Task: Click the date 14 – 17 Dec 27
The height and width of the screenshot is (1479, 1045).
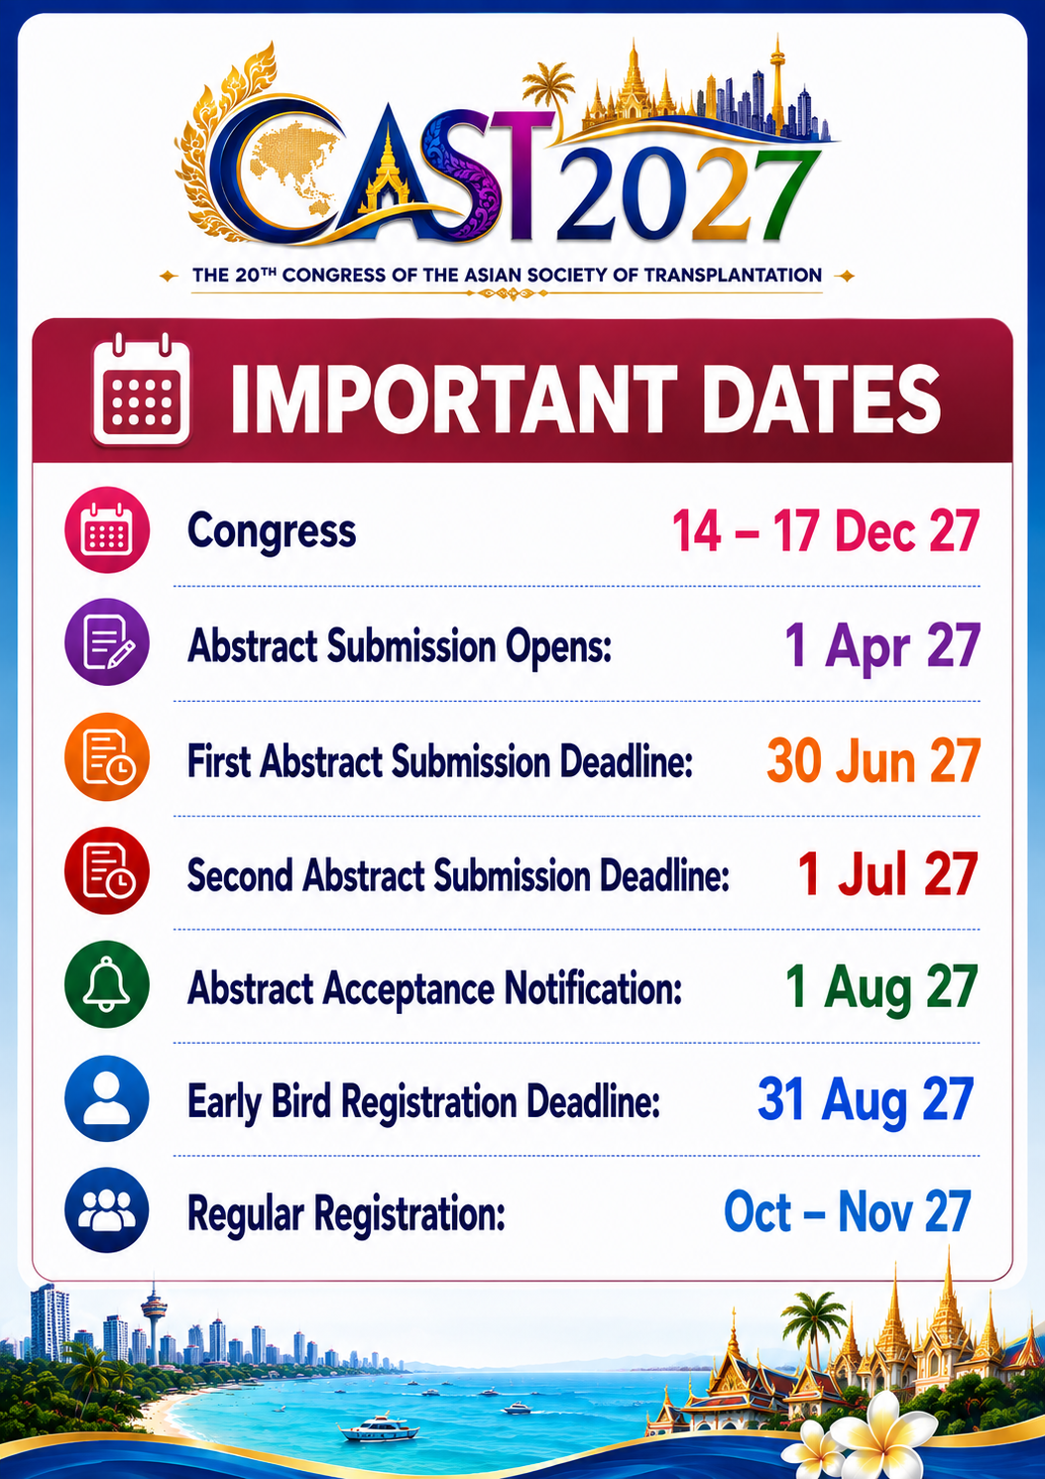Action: coord(825,531)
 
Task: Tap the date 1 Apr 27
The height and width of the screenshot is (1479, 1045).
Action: coord(881,646)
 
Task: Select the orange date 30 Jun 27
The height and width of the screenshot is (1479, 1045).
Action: coord(873,760)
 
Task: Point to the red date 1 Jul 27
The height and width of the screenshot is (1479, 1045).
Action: coord(887,874)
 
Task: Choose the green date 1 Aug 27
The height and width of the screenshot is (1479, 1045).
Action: coord(881,988)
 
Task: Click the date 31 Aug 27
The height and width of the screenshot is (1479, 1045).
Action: coord(866,1101)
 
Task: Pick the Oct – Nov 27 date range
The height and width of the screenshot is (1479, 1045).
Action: coord(848,1212)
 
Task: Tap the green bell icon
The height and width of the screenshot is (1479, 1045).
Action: coord(107,984)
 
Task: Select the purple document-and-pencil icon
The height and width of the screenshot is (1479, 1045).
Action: coord(107,642)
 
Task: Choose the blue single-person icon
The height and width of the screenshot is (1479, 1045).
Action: coord(107,1098)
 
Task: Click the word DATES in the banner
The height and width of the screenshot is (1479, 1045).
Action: coord(821,399)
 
